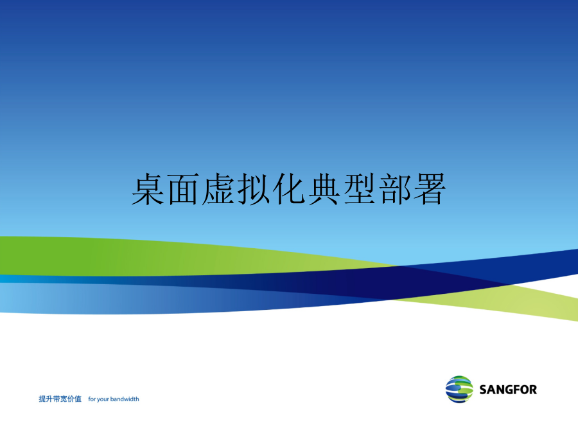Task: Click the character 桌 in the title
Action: coord(148,189)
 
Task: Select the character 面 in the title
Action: coord(183,189)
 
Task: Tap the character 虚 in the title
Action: coord(218,189)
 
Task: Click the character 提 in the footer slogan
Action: coord(42,399)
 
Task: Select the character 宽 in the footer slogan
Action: coord(64,399)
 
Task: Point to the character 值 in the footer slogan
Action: coord(78,399)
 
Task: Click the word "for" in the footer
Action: coord(92,399)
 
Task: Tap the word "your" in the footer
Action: coord(103,400)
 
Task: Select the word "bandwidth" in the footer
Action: coord(125,399)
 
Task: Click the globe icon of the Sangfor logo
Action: coord(459,390)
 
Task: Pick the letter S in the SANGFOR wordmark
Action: coord(483,390)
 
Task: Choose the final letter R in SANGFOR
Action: coord(533,390)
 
